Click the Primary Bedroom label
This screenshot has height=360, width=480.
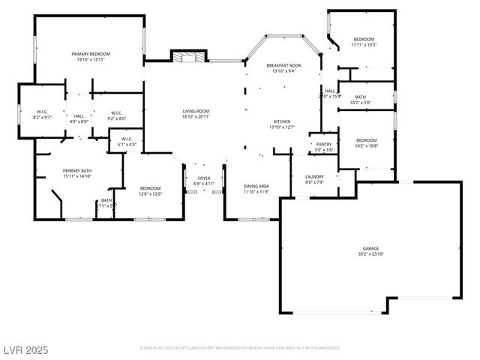(91, 54)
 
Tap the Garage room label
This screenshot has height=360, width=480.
(370, 248)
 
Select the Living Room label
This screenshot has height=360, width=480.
(196, 112)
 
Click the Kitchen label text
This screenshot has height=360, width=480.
(281, 121)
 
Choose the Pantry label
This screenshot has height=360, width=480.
(324, 144)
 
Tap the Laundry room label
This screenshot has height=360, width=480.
(314, 176)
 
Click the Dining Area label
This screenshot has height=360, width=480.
(256, 186)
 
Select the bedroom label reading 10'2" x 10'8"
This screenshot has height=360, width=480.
(366, 140)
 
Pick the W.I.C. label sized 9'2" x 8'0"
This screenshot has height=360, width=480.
(116, 113)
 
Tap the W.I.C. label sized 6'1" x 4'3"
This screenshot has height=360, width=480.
(126, 139)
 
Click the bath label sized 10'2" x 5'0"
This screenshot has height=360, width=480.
(361, 97)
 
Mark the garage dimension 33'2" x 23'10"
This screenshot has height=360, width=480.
(370, 254)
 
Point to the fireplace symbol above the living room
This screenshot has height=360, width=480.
(187, 56)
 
